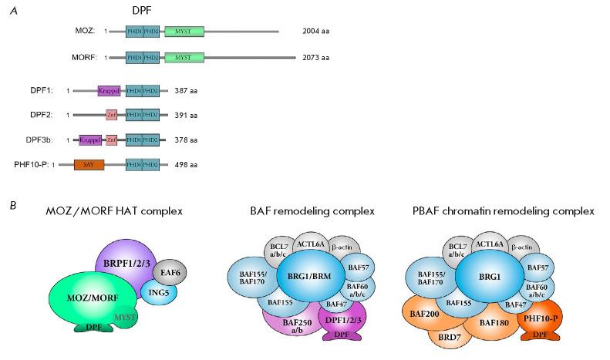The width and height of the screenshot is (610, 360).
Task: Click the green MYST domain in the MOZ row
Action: [184, 32]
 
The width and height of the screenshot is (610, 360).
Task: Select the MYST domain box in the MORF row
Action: [184, 58]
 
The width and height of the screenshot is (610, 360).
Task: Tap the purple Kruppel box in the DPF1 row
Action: [110, 91]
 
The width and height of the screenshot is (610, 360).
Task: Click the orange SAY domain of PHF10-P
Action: [89, 164]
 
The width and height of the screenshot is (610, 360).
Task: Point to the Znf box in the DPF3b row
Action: [112, 140]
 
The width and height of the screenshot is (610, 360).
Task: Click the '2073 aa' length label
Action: [316, 58]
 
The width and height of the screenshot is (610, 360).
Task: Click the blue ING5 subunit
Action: [160, 293]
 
